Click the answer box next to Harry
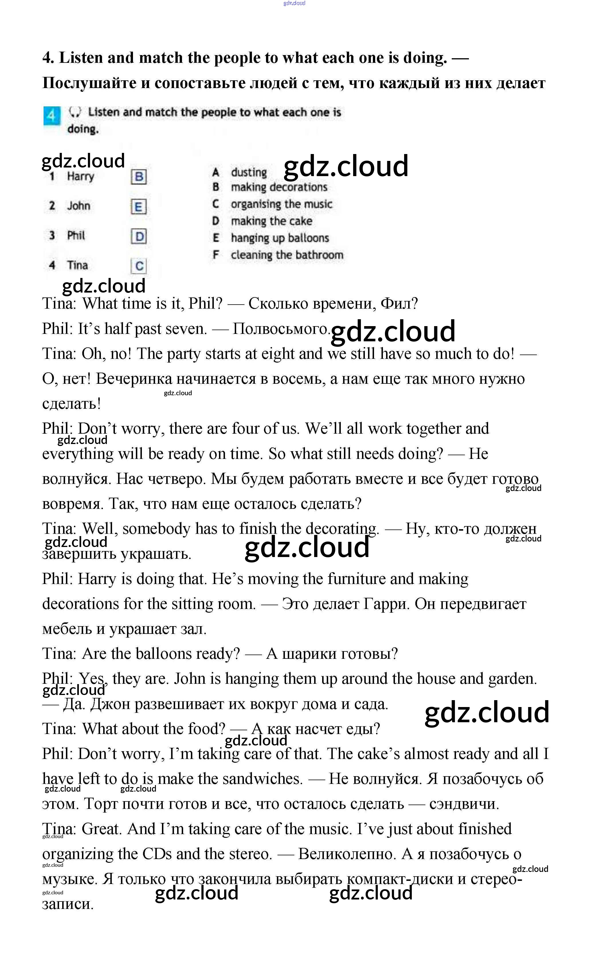pos(139,177)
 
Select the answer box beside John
pos(139,207)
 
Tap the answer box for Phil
pos(139,236)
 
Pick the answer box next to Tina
pos(139,266)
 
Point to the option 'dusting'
pos(248,172)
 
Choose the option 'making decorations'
pos(279,187)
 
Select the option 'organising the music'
pos(281,204)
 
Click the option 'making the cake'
pos(271,221)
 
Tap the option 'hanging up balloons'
pos(280,238)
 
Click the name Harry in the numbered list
pos(81,176)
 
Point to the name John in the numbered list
pos(79,206)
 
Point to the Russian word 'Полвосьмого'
pos(281,328)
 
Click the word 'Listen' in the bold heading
pos(81,58)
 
